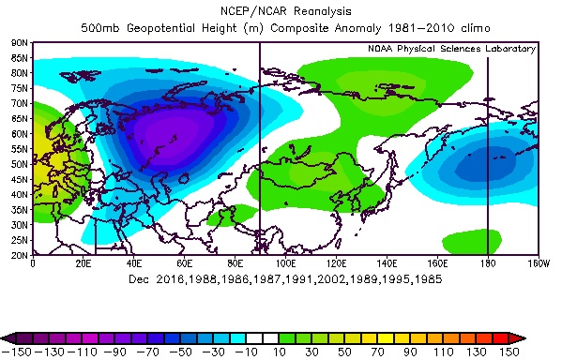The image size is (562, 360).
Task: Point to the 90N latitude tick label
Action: click(x=19, y=43)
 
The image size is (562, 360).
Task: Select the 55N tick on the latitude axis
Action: click(x=19, y=148)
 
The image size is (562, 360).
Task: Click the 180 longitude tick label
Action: click(x=487, y=262)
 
